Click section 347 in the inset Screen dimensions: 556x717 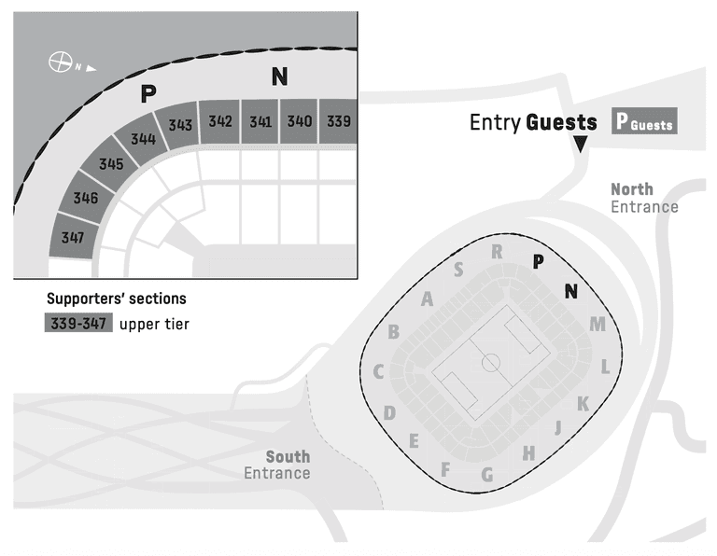tap(73, 237)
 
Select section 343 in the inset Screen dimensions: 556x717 tap(180, 125)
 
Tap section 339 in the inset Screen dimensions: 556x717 tap(339, 120)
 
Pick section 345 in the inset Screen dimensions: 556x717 tap(111, 164)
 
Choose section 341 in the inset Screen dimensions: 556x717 tap(260, 120)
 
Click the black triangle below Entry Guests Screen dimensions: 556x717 tap(581, 144)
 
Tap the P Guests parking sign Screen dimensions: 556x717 tap(642, 122)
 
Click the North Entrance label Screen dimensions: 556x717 tap(644, 198)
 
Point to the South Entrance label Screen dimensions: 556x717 tap(277, 465)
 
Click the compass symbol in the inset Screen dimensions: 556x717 tap(61, 63)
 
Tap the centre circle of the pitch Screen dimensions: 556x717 tap(491, 363)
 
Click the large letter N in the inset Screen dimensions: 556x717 tap(278, 78)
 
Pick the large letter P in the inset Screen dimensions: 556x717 tap(146, 94)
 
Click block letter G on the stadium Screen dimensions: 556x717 tap(486, 475)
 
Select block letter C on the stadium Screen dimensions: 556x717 tap(379, 372)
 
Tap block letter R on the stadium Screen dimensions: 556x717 tap(497, 252)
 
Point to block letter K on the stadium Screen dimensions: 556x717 tap(583, 404)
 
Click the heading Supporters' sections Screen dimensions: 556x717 tap(117, 299)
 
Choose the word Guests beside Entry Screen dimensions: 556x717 tap(561, 122)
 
